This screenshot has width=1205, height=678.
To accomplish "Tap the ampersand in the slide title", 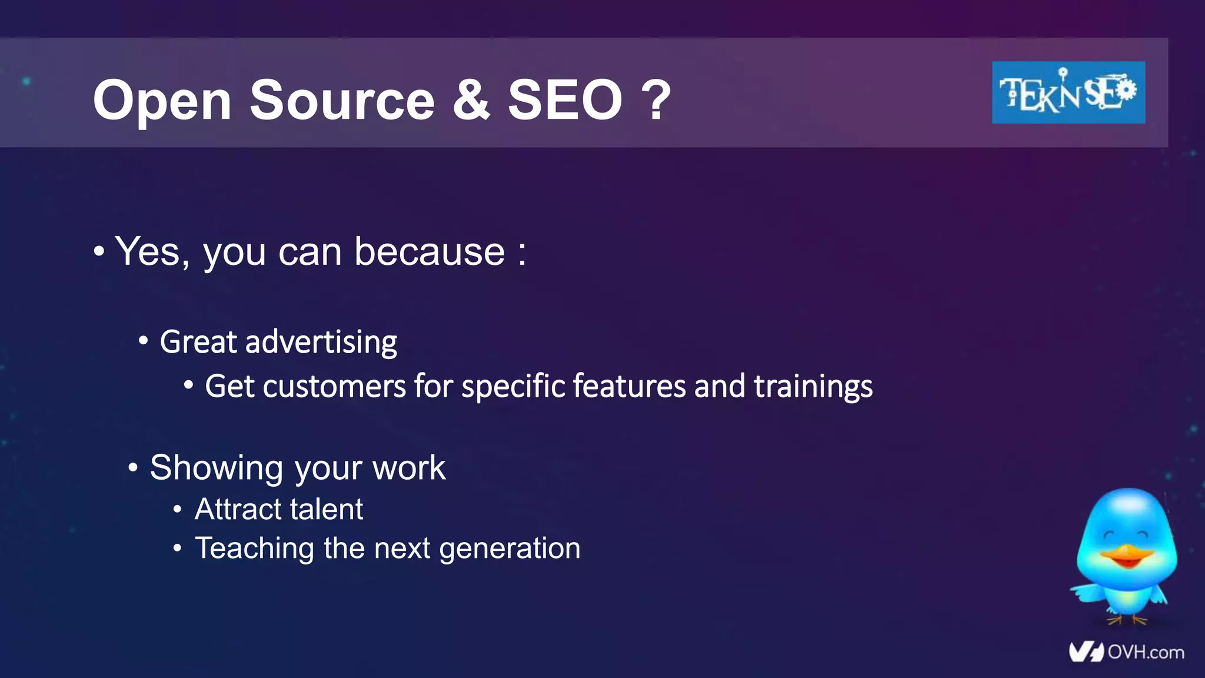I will [471, 100].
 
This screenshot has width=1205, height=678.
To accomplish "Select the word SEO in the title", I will [565, 100].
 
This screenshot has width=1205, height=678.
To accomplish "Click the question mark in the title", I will [656, 100].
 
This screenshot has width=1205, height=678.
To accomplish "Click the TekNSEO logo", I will [1068, 92].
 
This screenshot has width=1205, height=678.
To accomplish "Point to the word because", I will [430, 252].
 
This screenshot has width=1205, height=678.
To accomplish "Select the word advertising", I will [321, 343].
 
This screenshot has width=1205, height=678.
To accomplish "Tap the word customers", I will [334, 387].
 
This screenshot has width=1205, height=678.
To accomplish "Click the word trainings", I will [813, 387].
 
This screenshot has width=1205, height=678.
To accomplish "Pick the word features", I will [629, 387].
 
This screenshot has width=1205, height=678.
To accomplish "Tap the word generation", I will [510, 549].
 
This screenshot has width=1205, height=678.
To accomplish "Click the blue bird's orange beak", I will [1126, 556].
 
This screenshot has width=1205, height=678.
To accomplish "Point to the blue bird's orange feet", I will [1126, 620].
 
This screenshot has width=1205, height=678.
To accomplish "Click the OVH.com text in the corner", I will [1145, 652].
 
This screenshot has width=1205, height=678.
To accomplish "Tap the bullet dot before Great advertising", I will [143, 341].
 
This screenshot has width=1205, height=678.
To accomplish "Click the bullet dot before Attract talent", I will [178, 509].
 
